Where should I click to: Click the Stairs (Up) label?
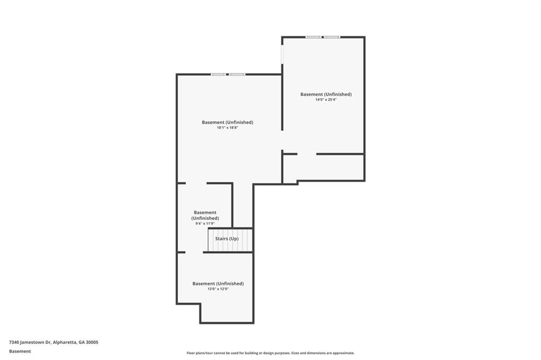point(227,238)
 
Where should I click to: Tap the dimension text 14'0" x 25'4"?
point(325,100)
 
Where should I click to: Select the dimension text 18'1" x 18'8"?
point(227,128)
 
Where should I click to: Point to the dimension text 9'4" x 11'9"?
point(205,224)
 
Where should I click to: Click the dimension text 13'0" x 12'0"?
point(218,289)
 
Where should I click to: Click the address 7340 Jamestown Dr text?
point(30,343)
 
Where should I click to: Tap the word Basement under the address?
point(20,352)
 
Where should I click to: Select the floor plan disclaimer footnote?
point(270,353)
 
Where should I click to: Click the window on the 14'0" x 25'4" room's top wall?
point(323,37)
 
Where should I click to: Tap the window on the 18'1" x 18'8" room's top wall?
point(228,74)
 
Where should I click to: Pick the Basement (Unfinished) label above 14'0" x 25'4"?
point(325,94)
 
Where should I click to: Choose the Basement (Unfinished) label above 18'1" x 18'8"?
point(227,122)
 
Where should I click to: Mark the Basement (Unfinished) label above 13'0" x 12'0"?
point(218,283)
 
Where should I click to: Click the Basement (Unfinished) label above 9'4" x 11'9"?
point(205,215)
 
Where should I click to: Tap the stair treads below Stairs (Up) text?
point(230,246)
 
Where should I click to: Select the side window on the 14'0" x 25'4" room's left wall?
point(282,54)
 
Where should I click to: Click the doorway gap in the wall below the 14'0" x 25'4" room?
point(307,154)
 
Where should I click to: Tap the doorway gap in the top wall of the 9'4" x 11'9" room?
point(196,183)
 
